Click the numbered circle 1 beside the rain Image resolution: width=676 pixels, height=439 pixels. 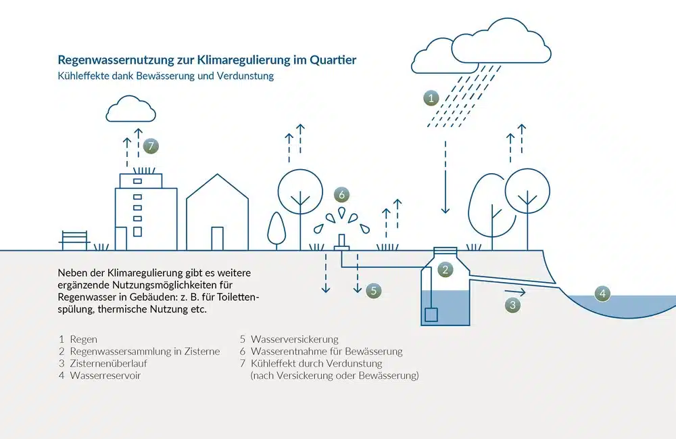click(431, 98)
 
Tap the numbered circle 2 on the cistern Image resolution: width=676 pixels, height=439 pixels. click(445, 269)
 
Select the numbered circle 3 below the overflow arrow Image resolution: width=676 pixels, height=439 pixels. click(512, 305)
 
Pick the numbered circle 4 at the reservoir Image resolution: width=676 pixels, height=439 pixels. click(602, 294)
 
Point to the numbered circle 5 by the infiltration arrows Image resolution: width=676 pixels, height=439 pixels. click(374, 291)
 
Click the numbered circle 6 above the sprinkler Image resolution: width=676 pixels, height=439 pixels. click(342, 195)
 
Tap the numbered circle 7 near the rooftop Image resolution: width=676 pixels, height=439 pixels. click(151, 145)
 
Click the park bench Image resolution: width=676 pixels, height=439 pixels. click(74, 241)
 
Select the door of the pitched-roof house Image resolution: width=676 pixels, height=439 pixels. click(218, 239)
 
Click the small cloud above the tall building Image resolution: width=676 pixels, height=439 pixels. click(130, 109)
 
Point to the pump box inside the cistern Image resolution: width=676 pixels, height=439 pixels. click(431, 315)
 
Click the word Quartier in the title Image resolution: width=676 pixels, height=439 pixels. click(333, 60)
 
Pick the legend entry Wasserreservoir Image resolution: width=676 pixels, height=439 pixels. click(105, 375)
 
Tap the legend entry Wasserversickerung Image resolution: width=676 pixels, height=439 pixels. click(295, 340)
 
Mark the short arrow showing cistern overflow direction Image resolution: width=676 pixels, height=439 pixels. click(515, 292)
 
